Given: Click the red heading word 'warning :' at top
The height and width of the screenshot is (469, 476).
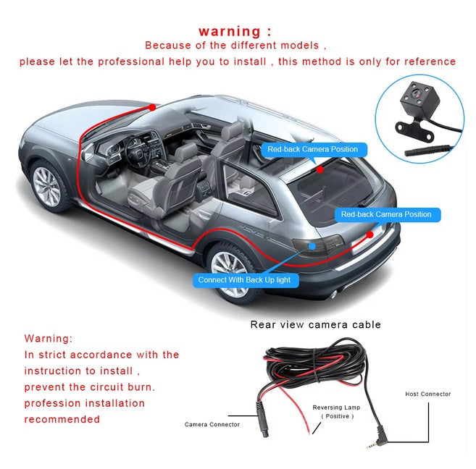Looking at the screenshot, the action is (x=235, y=32).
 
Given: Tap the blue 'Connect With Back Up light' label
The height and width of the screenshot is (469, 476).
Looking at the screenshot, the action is (x=246, y=280).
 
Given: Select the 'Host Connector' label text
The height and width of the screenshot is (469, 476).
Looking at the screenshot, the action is (x=427, y=394).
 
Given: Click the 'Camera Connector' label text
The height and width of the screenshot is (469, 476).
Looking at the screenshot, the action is (x=212, y=424).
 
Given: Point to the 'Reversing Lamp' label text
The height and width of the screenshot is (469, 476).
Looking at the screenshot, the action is (x=336, y=407).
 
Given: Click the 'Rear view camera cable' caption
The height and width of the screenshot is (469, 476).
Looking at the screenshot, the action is (x=315, y=325).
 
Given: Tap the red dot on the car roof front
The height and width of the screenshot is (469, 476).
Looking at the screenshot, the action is (x=152, y=107).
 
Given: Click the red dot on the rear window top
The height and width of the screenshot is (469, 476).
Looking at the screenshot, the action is (x=320, y=170).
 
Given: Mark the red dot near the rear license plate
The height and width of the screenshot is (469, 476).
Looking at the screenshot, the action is (x=369, y=234).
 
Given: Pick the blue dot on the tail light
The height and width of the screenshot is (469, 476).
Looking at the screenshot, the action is (x=312, y=246).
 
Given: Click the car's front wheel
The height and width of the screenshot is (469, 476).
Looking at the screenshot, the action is (x=48, y=187).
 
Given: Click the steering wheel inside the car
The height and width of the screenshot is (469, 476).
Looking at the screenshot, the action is (x=135, y=151).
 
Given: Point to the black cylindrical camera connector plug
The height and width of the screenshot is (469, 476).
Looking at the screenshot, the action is (x=262, y=419).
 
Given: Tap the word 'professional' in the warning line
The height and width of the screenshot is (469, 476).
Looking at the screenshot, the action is (x=131, y=62).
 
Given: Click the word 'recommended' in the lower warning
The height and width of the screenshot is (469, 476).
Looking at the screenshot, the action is (x=62, y=419).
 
